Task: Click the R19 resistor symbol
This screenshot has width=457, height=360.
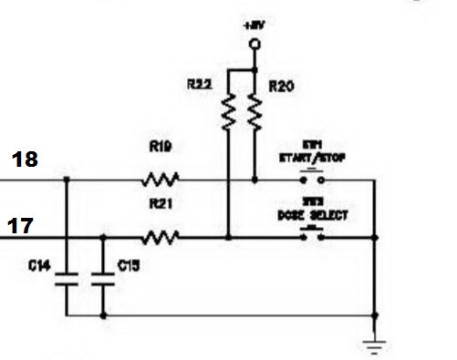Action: point(161,179)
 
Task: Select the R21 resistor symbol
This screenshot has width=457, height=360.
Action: point(161,238)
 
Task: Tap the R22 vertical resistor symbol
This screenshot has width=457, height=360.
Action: point(228,113)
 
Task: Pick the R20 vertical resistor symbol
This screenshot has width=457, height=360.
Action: point(254,113)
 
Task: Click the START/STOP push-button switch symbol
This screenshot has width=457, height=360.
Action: point(314,179)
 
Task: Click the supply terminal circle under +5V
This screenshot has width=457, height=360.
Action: point(254,44)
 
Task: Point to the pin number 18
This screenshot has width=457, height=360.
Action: point(25,160)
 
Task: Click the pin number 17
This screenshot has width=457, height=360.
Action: point(23,224)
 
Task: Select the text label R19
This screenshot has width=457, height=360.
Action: point(161,146)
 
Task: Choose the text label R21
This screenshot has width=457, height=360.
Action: point(161,207)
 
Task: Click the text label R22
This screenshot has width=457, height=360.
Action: point(202,84)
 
